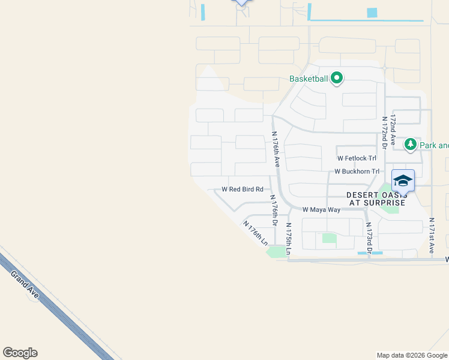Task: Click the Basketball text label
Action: point(309,79)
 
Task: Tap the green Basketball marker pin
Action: point(337,77)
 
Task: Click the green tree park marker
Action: point(411,144)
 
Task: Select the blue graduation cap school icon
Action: point(403,181)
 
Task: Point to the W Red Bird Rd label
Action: point(243,189)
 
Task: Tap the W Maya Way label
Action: point(321,210)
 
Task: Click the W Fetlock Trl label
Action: point(357,158)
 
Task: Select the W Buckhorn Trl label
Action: point(357,171)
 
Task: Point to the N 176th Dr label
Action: point(274,210)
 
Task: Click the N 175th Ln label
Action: point(289,239)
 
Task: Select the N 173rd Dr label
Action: point(370,236)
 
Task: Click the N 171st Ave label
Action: point(432,236)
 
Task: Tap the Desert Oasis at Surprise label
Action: point(377,199)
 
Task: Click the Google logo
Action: point(20,353)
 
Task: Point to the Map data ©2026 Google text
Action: point(411,355)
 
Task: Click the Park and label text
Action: point(433,145)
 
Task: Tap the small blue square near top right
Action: point(372,13)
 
